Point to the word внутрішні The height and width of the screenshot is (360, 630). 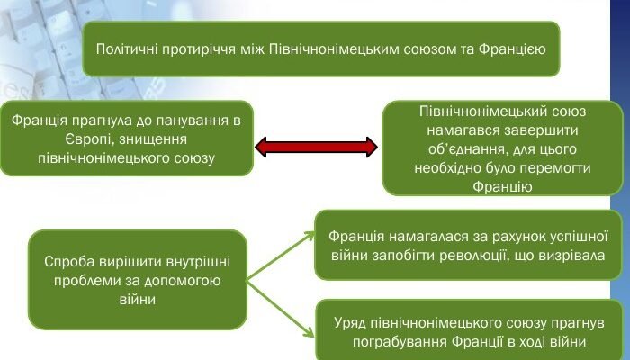199,262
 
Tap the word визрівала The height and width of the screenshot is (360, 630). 571,256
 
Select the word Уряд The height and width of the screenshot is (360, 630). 350,323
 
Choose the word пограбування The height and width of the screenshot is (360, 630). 400,342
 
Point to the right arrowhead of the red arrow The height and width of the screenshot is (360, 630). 370,148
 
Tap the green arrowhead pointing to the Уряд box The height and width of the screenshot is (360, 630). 310,332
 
